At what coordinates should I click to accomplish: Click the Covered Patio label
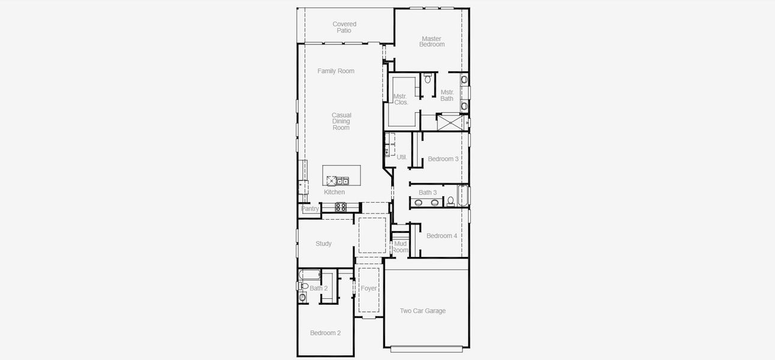(x=344, y=28)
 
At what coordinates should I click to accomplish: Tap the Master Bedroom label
(x=431, y=41)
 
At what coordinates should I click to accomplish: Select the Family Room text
(x=336, y=71)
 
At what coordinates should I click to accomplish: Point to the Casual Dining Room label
(x=341, y=121)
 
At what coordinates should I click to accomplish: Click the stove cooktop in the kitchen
(x=340, y=207)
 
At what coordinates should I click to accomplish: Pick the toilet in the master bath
(x=428, y=79)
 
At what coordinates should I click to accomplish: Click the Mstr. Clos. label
(x=401, y=99)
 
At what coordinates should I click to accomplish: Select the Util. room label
(x=402, y=157)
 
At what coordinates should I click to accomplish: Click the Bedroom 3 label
(x=443, y=159)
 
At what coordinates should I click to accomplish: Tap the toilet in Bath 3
(x=450, y=201)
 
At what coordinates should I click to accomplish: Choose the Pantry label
(x=310, y=209)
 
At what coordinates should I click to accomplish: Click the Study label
(x=323, y=244)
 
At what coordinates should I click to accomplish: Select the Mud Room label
(x=401, y=247)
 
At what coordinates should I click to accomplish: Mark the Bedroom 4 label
(x=441, y=236)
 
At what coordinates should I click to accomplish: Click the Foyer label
(x=369, y=289)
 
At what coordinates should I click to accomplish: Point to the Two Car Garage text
(x=423, y=311)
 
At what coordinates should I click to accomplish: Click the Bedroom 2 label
(x=325, y=333)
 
